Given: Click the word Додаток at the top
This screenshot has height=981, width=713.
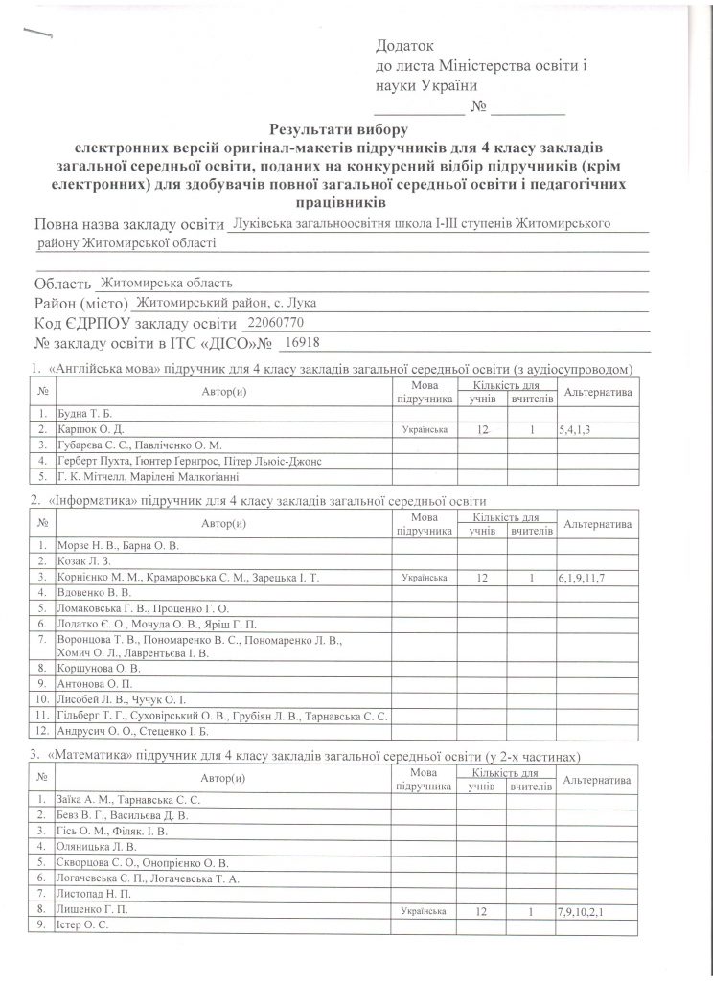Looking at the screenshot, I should coord(405,45).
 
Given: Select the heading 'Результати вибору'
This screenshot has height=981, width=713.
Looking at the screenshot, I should coord(339,127).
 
